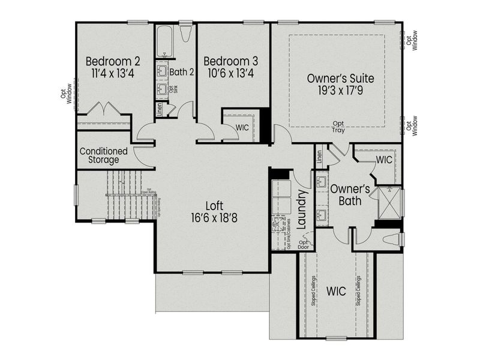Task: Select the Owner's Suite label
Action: tap(340, 78)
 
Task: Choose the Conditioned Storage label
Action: tap(103, 155)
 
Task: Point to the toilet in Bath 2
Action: tap(185, 32)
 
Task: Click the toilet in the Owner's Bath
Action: tap(391, 239)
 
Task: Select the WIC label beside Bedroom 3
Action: tap(242, 127)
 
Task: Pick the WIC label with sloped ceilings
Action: tap(336, 291)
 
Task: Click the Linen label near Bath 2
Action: tap(160, 109)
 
